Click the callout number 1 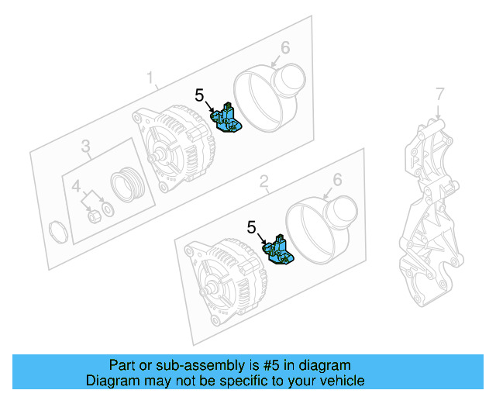click(x=152, y=78)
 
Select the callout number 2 click(x=263, y=182)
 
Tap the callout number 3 click(x=86, y=145)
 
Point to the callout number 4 click(x=77, y=186)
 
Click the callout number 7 click(x=439, y=94)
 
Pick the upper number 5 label click(x=200, y=95)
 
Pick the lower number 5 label click(x=251, y=227)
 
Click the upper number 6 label click(x=285, y=48)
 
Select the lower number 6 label click(x=337, y=180)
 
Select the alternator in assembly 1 click(x=173, y=151)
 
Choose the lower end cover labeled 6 click(x=321, y=229)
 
